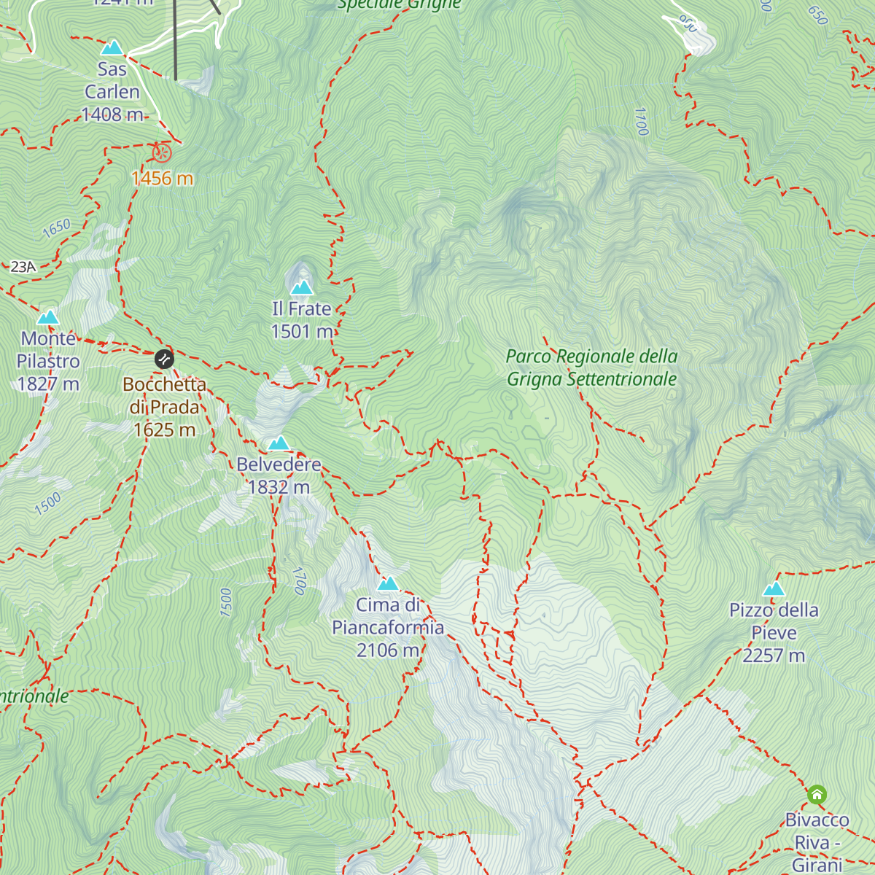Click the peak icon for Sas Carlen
click(x=112, y=48)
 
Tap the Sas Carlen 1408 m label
click(x=112, y=92)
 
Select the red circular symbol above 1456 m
click(x=162, y=153)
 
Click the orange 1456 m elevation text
click(x=162, y=178)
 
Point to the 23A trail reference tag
click(x=23, y=267)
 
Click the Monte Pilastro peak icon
click(x=48, y=317)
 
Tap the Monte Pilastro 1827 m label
click(x=48, y=361)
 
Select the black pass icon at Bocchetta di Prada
click(x=164, y=359)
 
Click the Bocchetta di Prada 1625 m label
click(x=164, y=407)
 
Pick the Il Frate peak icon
click(x=302, y=287)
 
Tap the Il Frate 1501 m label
click(x=302, y=320)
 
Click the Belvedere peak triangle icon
click(x=279, y=443)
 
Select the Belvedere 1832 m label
click(x=279, y=475)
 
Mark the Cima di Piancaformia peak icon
click(x=388, y=583)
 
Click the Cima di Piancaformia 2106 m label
click(x=388, y=627)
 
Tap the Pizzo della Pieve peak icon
click(x=774, y=589)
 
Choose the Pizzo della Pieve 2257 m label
click(x=774, y=632)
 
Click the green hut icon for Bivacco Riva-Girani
click(x=817, y=794)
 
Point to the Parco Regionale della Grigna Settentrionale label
click(x=591, y=367)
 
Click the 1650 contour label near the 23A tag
click(x=56, y=227)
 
